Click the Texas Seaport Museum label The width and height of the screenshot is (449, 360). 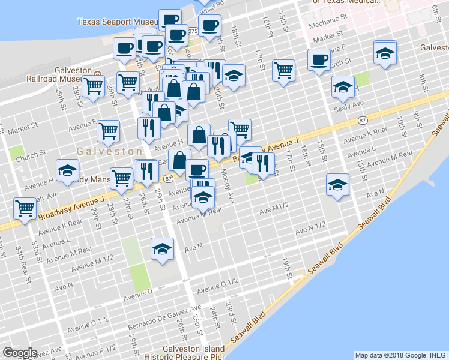[x=117, y=22]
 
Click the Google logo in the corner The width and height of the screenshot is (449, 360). [x=19, y=353]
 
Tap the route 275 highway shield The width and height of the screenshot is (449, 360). [x=193, y=31]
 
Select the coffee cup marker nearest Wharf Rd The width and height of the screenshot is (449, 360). [x=209, y=25]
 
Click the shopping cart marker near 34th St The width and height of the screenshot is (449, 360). [x=25, y=208]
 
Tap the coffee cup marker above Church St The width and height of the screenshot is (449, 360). [x=319, y=59]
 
